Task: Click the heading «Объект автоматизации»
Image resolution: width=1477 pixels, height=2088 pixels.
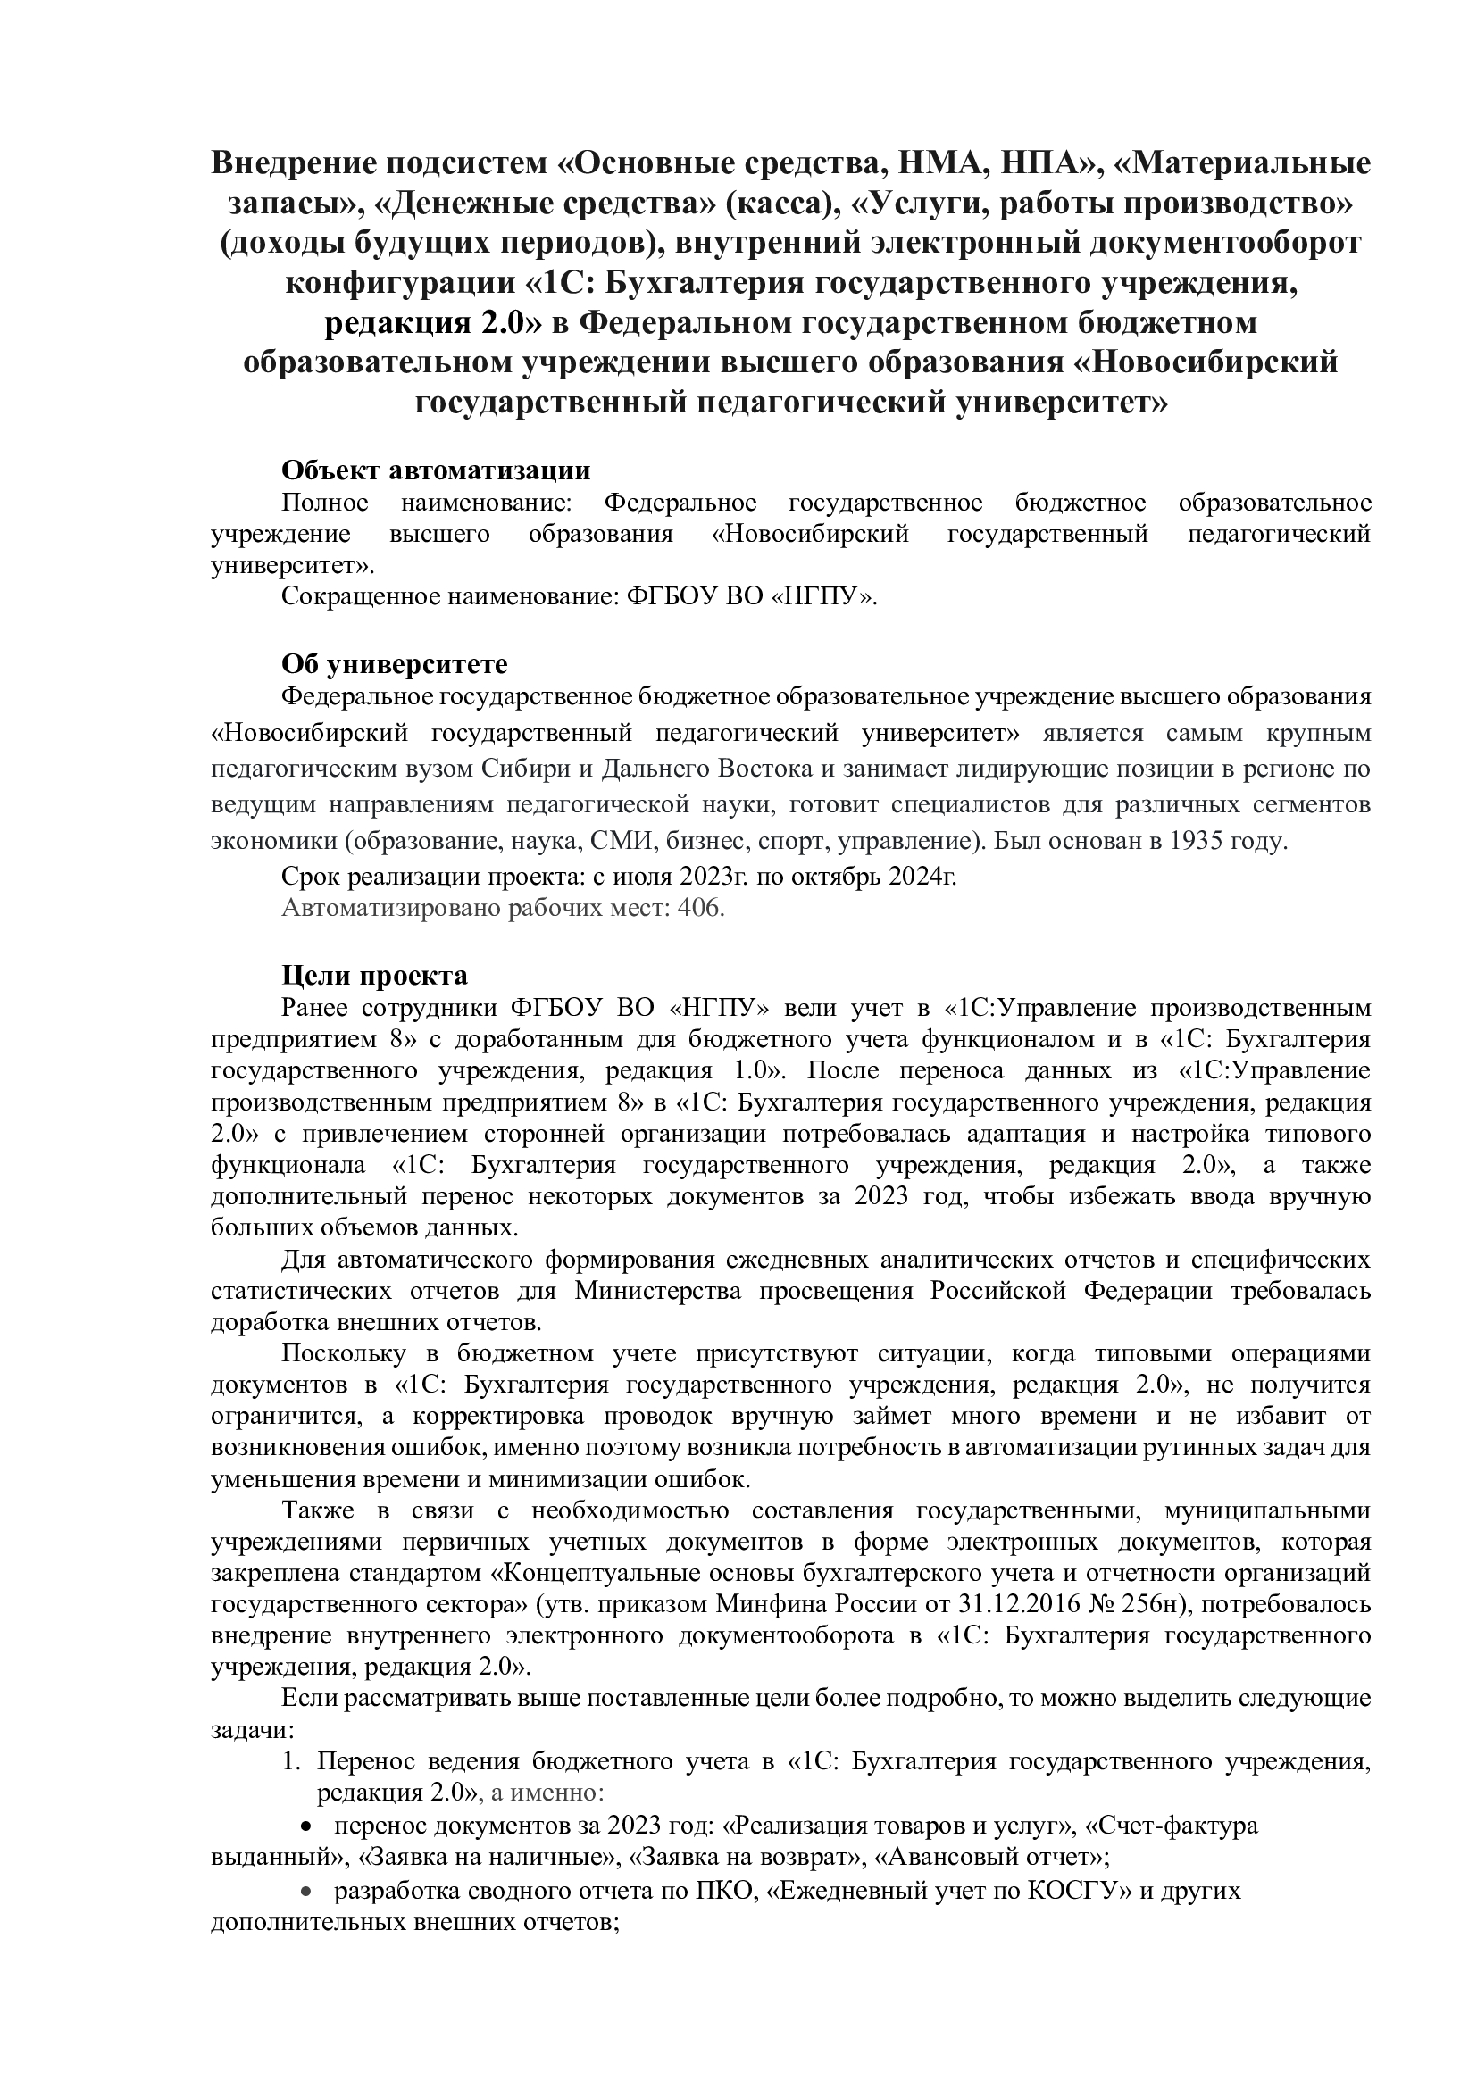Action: click(436, 470)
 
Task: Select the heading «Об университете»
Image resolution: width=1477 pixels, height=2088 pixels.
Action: click(394, 664)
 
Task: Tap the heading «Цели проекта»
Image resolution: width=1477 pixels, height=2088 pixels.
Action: click(375, 976)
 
